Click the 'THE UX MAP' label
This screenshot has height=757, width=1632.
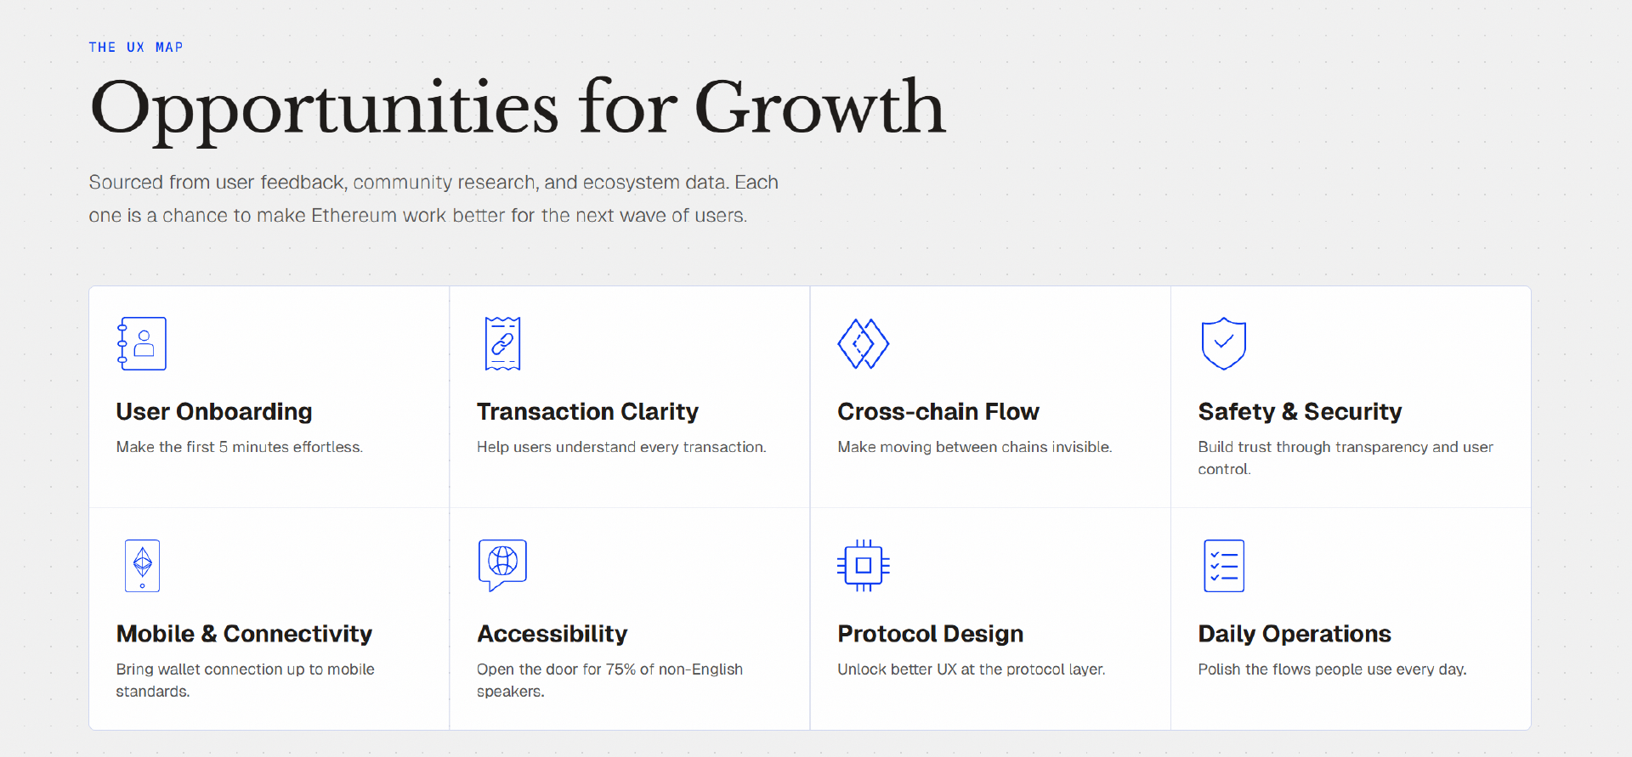(x=136, y=48)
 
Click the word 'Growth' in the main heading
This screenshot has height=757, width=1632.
(x=820, y=107)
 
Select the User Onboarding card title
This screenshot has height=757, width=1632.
(x=214, y=412)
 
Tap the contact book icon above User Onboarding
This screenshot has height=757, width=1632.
(x=142, y=343)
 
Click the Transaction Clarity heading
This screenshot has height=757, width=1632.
(x=587, y=412)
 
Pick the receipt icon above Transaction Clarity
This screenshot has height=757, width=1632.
(x=502, y=343)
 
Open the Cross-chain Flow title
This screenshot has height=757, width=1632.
(x=938, y=412)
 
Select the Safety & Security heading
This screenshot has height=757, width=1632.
(x=1300, y=412)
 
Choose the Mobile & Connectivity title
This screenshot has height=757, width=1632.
(x=244, y=635)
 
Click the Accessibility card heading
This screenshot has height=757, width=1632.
(x=552, y=635)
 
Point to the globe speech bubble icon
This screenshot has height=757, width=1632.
(x=502, y=562)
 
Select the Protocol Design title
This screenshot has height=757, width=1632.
(x=930, y=635)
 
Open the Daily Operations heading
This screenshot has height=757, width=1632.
(x=1295, y=635)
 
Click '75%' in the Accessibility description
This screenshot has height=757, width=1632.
(x=620, y=669)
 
